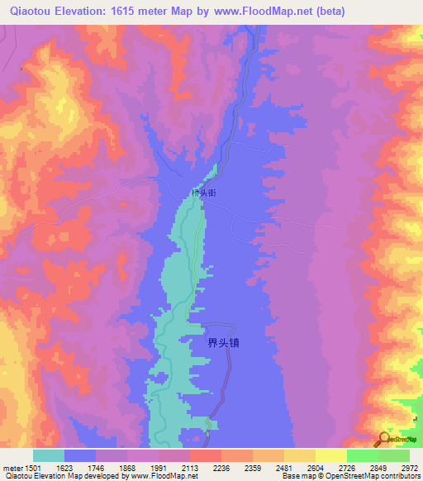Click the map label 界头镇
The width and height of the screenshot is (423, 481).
click(x=223, y=341)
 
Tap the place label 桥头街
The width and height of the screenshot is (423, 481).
click(x=203, y=193)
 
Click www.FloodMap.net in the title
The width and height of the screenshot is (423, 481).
click(x=260, y=12)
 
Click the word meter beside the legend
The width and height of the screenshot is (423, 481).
click(x=12, y=466)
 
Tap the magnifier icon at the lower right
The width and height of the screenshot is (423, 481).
click(x=385, y=440)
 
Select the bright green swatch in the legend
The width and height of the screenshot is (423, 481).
click(x=362, y=455)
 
